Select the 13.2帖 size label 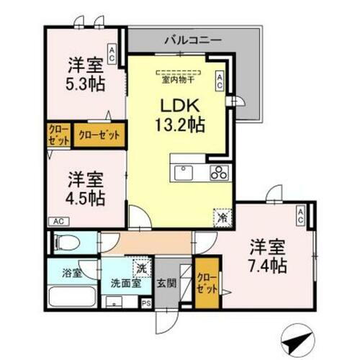click(180, 124)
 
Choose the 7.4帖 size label click(269, 264)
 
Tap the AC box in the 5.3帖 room click(112, 52)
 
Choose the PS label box click(147, 304)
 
